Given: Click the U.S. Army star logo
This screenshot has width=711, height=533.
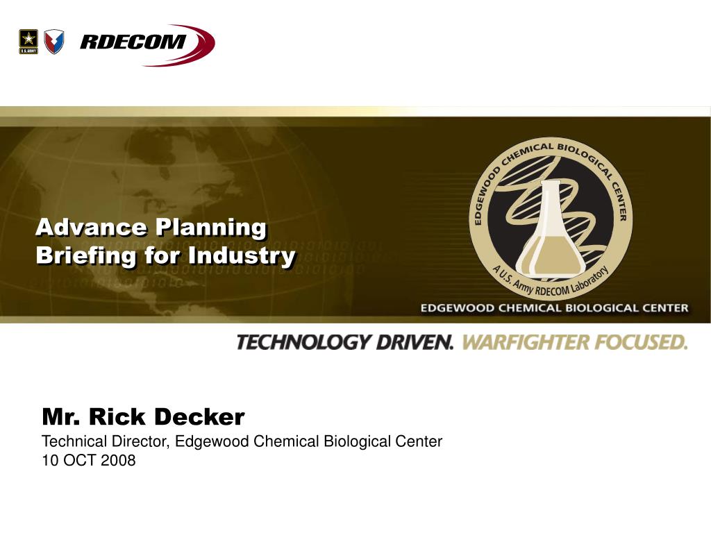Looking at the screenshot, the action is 28,42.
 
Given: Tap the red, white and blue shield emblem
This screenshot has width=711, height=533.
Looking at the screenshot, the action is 54,42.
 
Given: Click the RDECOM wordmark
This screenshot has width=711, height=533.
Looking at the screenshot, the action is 133,42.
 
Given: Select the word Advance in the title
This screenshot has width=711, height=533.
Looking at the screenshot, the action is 91,227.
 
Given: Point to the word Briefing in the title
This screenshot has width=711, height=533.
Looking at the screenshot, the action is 85,255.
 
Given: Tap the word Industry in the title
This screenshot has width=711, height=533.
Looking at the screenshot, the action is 242,255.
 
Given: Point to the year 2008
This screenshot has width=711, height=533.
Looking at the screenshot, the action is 118,461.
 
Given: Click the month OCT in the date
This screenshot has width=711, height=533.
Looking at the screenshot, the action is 81,461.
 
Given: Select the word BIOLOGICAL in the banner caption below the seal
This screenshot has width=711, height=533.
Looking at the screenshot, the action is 600,308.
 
